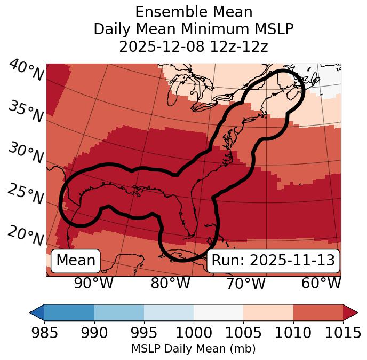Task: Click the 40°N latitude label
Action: coord(26,71)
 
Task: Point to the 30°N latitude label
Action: coord(26,154)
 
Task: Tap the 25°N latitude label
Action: coord(26,194)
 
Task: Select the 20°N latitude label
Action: coord(26,236)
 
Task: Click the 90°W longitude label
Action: coord(93,284)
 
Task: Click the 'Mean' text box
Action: coord(76,261)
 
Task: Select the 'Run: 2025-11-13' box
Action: coord(273,261)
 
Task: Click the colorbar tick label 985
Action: coord(44,333)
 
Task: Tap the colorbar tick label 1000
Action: coord(194,333)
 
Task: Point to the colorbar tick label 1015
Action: coord(343,333)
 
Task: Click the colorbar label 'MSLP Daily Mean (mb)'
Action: coord(193,349)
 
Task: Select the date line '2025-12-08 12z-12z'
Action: coord(194,46)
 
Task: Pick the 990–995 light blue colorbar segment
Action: coord(119,312)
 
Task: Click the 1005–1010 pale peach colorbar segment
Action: coord(268,312)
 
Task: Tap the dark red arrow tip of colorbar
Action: coord(351,312)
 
